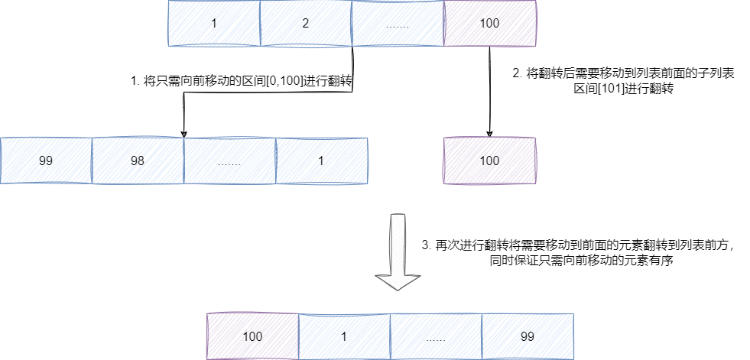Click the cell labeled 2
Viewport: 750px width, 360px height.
[306, 23]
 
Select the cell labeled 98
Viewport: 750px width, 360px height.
[138, 161]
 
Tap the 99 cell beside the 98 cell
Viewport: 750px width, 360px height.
[46, 161]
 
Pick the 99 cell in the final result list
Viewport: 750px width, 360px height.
[528, 336]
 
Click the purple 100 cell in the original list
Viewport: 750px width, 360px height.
[489, 23]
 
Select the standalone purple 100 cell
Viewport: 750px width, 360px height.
[489, 161]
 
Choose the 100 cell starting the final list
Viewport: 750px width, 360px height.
[252, 336]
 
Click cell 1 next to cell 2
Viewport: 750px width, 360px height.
[214, 23]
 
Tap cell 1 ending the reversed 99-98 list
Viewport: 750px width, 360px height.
[321, 161]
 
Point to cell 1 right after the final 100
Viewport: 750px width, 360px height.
[344, 336]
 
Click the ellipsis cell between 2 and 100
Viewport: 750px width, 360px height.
[398, 23]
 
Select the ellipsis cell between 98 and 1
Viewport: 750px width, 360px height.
[229, 161]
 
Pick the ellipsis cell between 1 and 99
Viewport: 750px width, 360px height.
[436, 336]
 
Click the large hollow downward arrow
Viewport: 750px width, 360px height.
[397, 252]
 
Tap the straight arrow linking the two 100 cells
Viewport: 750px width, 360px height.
[489, 92]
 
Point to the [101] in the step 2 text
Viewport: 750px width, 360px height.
[604, 89]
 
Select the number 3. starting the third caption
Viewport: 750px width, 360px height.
[426, 245]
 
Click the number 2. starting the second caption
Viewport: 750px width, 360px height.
[517, 74]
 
